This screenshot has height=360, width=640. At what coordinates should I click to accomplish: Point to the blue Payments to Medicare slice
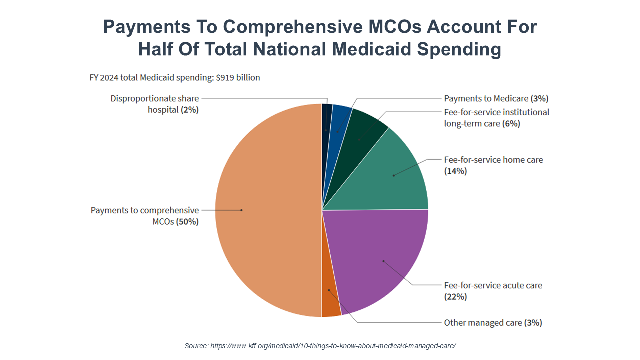(x=341, y=120)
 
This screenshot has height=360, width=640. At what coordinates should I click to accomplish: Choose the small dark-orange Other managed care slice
(x=330, y=302)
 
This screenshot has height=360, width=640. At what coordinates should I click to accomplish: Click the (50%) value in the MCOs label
(x=187, y=222)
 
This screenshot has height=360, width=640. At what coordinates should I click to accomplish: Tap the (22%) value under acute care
(x=455, y=297)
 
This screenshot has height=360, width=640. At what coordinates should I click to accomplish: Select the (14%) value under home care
(x=455, y=171)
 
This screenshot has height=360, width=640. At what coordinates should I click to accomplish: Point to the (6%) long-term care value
(x=511, y=123)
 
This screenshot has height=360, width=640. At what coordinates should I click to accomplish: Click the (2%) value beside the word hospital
(x=189, y=110)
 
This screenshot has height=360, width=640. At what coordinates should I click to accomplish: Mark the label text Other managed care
(x=483, y=323)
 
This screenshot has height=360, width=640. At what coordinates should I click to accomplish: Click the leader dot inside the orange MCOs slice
(x=241, y=210)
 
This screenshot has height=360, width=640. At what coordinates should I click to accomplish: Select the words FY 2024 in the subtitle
(x=105, y=77)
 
